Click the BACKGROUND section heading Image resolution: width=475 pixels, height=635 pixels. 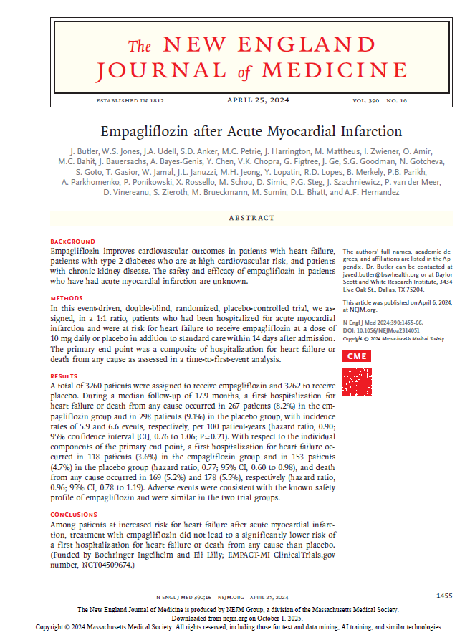[x=73, y=242]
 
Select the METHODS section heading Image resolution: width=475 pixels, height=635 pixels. [x=67, y=297]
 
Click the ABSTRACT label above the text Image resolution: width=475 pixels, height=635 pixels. [x=251, y=218]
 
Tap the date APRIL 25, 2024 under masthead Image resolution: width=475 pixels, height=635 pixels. [x=258, y=100]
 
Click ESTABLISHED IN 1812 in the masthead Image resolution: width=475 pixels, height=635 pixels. [x=130, y=101]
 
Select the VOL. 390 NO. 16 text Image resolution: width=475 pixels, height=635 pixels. [x=380, y=101]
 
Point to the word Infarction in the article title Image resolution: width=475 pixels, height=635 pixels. [x=373, y=132]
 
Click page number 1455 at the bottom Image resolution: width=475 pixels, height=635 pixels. [x=444, y=596]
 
